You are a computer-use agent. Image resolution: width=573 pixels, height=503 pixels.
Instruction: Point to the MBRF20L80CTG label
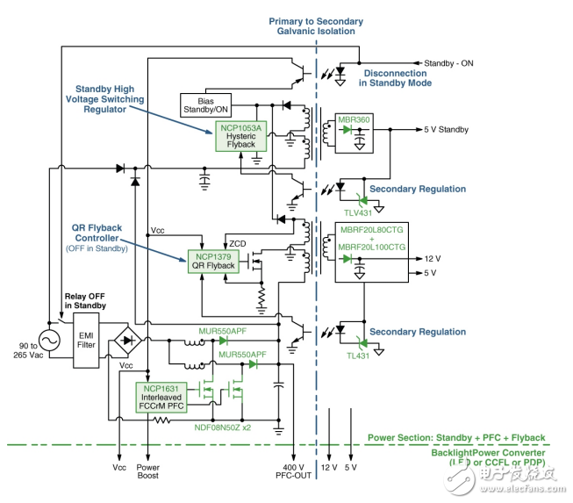tap(379, 230)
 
